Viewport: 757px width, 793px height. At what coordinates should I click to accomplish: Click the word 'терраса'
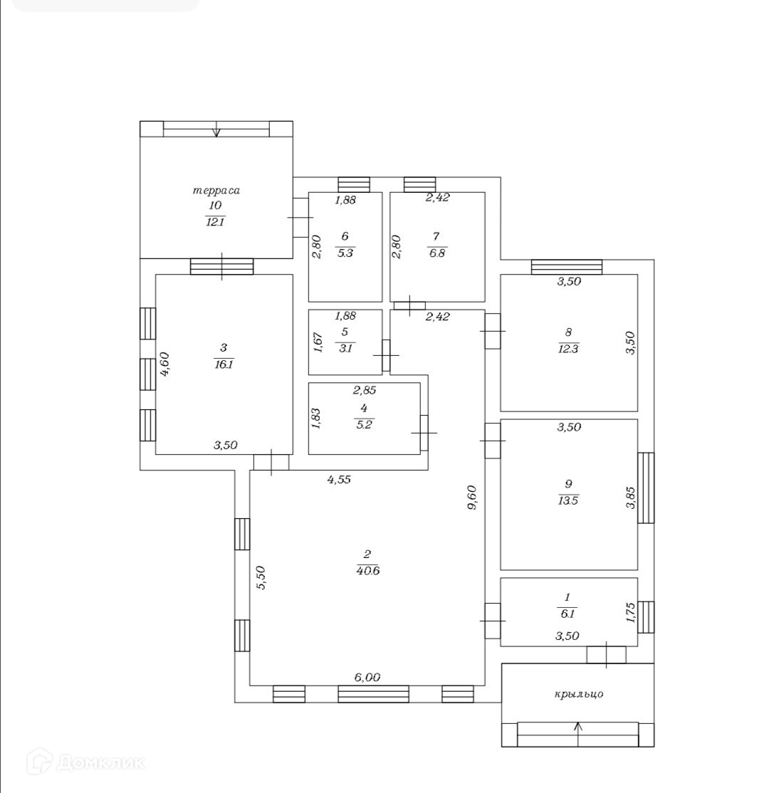(216, 190)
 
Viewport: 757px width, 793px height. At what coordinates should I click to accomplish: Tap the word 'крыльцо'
(578, 694)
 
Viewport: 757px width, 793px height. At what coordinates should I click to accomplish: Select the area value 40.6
(367, 570)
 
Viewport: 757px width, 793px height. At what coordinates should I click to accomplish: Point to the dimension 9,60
(471, 498)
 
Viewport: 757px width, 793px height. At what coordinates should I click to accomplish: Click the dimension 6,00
(367, 678)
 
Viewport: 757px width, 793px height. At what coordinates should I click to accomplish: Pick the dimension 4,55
(339, 479)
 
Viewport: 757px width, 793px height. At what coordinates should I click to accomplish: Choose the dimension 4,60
(165, 364)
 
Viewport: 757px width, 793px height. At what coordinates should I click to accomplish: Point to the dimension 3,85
(630, 498)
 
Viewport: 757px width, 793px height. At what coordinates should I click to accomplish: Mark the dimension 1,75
(630, 613)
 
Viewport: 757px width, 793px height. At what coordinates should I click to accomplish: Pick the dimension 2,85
(365, 390)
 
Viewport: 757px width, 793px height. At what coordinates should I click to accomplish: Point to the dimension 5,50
(261, 577)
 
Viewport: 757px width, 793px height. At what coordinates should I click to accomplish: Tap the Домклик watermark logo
(85, 763)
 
